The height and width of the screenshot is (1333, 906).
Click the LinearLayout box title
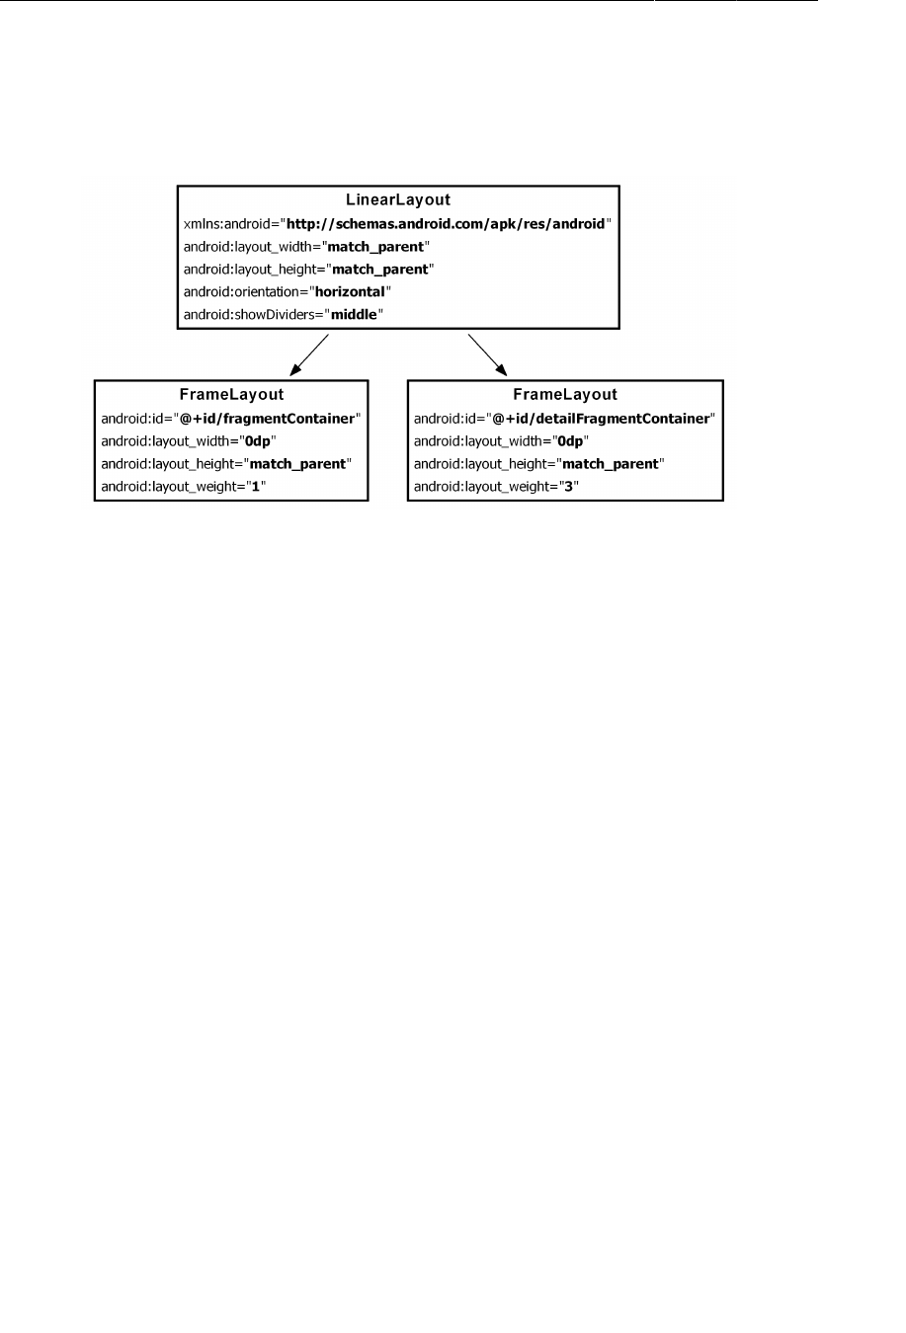coord(397,200)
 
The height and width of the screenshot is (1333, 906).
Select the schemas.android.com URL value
coord(446,224)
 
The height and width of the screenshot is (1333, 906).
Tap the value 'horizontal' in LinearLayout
coord(350,292)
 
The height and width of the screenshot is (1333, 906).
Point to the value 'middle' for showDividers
coord(354,315)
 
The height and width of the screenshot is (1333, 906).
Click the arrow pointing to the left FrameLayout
coord(309,355)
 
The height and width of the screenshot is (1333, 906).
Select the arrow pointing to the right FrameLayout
coord(487,355)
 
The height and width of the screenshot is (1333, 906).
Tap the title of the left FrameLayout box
coord(231,395)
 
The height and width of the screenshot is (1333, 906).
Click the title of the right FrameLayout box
coord(565,395)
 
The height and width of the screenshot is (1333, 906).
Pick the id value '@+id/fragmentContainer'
coord(267,419)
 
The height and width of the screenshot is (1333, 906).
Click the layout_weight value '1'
coord(256,487)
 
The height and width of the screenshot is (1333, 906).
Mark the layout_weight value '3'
coord(568,487)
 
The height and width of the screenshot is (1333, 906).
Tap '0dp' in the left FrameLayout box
coord(257,441)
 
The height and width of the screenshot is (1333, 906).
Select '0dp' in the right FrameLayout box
coord(570,441)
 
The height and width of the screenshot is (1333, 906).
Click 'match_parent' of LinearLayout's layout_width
coord(375,247)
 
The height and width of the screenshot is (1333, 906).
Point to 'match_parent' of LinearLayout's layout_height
coord(380,270)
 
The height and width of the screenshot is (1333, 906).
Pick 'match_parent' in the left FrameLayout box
coord(298,464)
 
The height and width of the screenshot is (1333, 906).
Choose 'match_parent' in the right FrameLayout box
coord(611,464)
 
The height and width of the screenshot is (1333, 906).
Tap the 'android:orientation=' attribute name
coord(245,292)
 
